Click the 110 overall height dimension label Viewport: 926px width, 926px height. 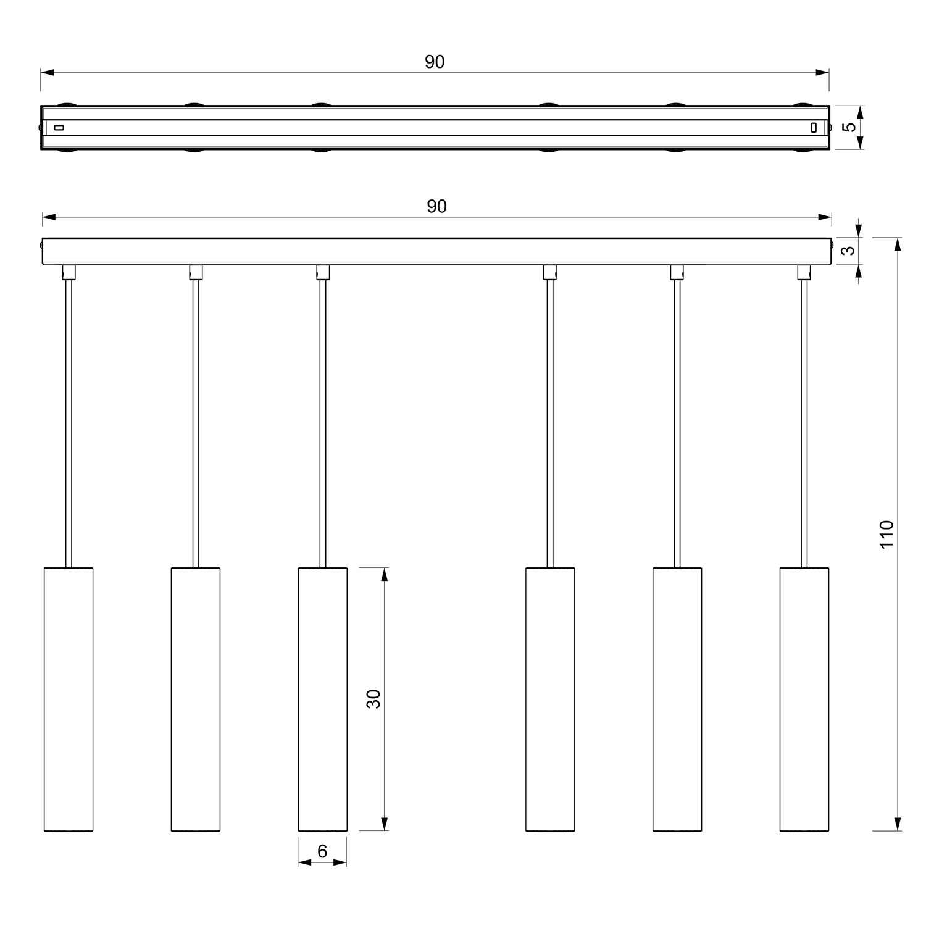coord(886,535)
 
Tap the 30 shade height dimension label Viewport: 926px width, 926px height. coord(373,698)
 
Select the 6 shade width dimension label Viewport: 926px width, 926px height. coord(322,851)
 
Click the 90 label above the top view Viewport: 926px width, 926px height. coord(435,62)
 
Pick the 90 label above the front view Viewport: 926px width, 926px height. coord(436,206)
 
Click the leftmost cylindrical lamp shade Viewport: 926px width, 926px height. coord(69,699)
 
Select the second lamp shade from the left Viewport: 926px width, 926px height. coord(196,699)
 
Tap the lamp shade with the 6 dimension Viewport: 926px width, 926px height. coord(322,699)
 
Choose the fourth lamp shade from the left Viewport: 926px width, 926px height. coord(550,699)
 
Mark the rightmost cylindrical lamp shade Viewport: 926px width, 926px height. coord(804,699)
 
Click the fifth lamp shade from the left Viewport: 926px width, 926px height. coord(677,699)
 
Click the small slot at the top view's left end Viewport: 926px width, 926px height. coord(59,128)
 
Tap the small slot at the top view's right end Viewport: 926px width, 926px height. coord(814,128)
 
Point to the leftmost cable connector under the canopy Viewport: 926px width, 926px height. coord(69,272)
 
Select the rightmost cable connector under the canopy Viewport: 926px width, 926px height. coord(804,272)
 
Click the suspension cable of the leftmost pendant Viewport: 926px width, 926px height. coord(69,420)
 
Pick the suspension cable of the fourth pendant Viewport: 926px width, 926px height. coord(550,420)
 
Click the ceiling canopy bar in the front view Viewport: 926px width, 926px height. coord(436,251)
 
